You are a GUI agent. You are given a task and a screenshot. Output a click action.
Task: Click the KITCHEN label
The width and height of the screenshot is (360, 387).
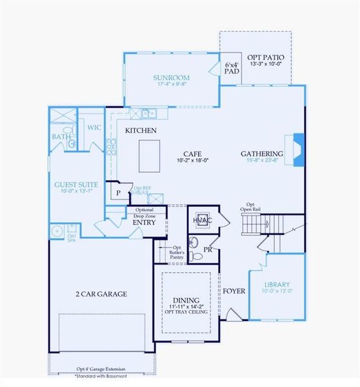point(141,130)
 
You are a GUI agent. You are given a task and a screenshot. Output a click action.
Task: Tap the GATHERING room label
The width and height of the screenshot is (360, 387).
point(262,154)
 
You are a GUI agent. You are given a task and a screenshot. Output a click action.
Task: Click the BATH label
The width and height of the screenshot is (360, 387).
point(62,137)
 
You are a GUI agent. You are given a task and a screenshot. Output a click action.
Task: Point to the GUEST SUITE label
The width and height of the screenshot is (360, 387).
point(76,184)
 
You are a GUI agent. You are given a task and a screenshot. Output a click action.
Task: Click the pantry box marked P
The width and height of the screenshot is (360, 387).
point(118,192)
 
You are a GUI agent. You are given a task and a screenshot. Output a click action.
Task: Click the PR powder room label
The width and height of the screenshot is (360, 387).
point(207,248)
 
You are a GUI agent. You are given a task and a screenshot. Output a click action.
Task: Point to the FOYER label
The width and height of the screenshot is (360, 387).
point(234,292)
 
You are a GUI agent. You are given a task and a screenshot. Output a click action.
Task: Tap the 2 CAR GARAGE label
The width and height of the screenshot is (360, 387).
point(100,294)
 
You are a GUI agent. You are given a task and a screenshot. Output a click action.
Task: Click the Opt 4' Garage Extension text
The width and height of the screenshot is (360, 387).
point(101,369)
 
